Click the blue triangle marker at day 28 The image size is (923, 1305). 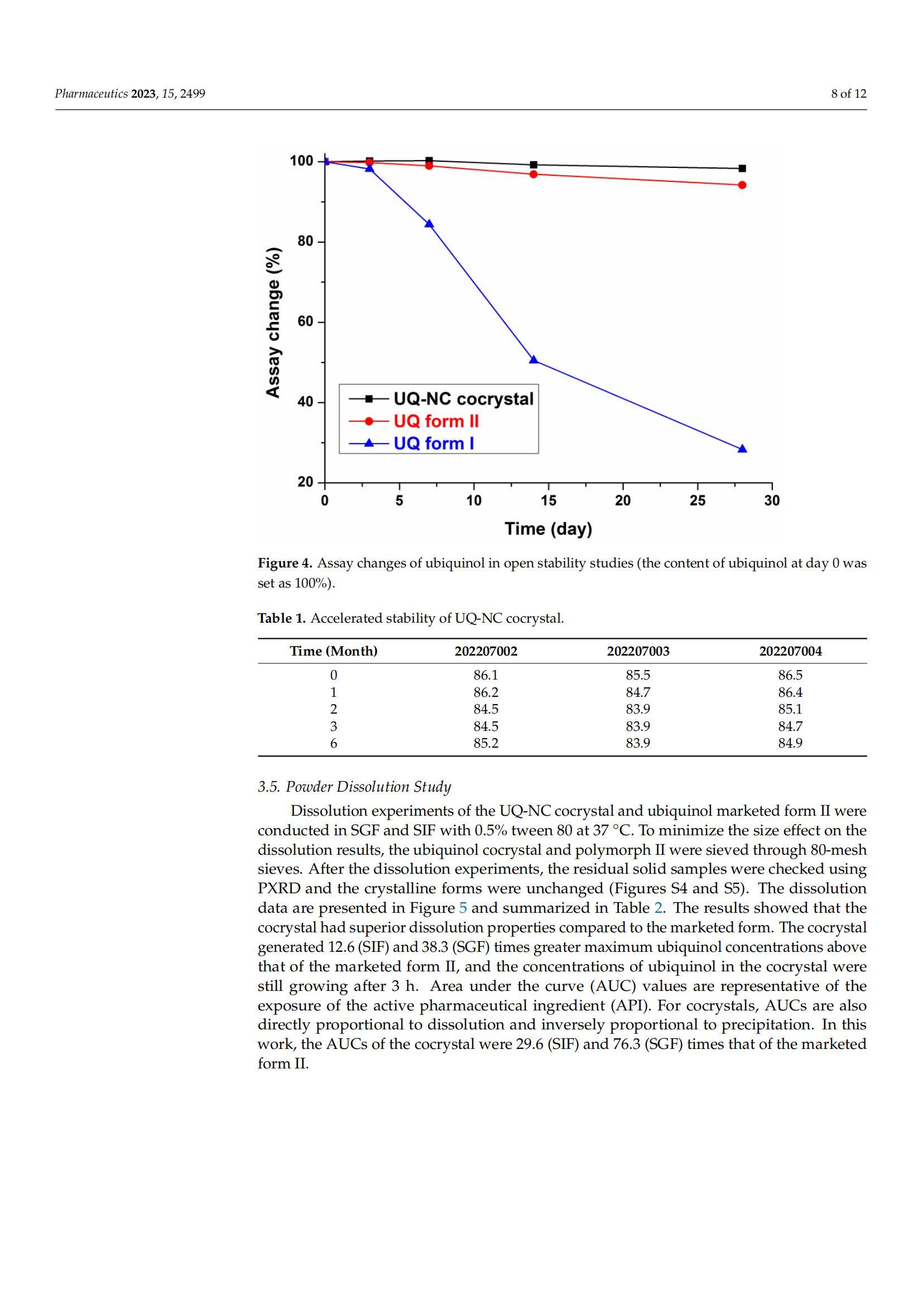[x=742, y=449]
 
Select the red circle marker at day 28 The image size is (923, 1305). [x=742, y=185]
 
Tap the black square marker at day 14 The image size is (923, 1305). [x=533, y=165]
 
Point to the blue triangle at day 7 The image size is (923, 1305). [x=429, y=224]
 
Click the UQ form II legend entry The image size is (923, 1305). [x=436, y=421]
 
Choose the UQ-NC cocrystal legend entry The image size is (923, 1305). [x=463, y=399]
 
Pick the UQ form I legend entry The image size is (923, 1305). [x=434, y=444]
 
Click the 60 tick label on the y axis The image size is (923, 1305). [x=306, y=322]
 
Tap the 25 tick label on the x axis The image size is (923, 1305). [x=698, y=500]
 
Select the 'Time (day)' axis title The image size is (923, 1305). [x=549, y=528]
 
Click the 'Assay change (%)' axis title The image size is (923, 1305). [x=273, y=322]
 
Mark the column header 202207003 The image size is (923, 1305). [x=638, y=651]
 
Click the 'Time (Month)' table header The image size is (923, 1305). [x=334, y=651]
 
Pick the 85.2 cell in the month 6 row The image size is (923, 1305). [x=486, y=743]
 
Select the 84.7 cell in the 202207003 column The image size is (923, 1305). [x=638, y=692]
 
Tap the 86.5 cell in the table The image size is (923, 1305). [x=790, y=675]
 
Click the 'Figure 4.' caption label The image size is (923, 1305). [x=285, y=564]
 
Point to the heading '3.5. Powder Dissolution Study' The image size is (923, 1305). [x=354, y=787]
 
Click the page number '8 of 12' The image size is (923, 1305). [x=849, y=94]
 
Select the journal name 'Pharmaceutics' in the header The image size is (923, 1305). [x=91, y=94]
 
